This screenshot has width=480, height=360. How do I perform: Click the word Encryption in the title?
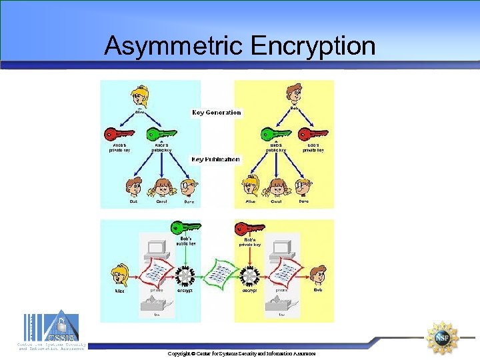click(x=313, y=46)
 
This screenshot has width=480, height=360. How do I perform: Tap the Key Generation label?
click(x=217, y=113)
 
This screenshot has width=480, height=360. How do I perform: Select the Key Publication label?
click(x=215, y=160)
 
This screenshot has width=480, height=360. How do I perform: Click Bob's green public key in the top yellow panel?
click(x=275, y=134)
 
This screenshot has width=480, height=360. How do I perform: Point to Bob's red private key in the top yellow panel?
click(x=314, y=134)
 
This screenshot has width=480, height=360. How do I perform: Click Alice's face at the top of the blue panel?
click(x=140, y=95)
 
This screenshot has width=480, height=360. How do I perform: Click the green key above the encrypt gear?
click(x=185, y=227)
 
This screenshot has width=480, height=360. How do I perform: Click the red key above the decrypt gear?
click(x=249, y=227)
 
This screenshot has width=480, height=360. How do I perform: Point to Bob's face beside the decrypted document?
click(x=320, y=274)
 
